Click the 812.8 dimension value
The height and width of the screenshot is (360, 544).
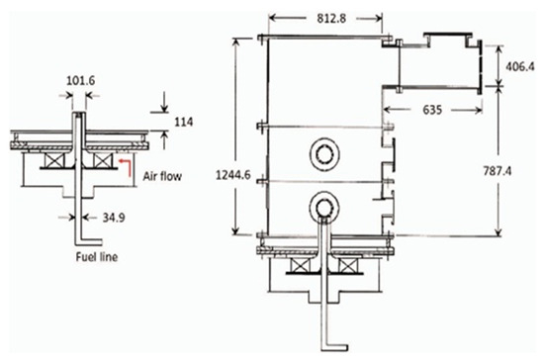click(x=331, y=19)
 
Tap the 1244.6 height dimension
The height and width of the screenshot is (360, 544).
click(x=232, y=175)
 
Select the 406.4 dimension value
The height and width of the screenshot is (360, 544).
click(x=520, y=66)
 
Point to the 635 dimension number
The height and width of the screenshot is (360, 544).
click(x=432, y=110)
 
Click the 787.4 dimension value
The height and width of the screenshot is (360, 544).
click(x=498, y=171)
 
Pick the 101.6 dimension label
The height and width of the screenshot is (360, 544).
click(x=80, y=80)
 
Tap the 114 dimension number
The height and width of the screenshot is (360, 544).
click(x=184, y=122)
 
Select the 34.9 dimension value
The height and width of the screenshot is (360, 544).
click(x=114, y=218)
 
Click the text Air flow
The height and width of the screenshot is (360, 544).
click(x=162, y=176)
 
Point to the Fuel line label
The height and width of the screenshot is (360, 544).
click(x=97, y=257)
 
